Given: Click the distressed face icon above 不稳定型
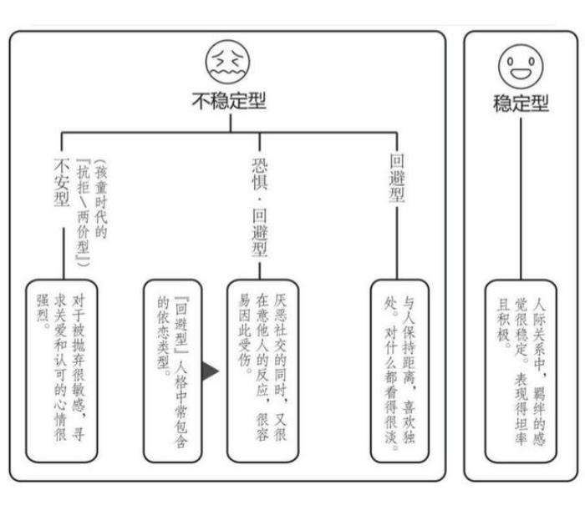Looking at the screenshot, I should click(228, 61).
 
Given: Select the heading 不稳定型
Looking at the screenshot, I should click(228, 102).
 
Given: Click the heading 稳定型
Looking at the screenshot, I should click(521, 103).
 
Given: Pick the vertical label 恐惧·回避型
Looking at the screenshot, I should click(259, 204).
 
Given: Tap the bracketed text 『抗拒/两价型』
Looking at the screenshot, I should click(83, 212).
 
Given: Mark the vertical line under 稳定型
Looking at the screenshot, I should click(520, 200).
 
